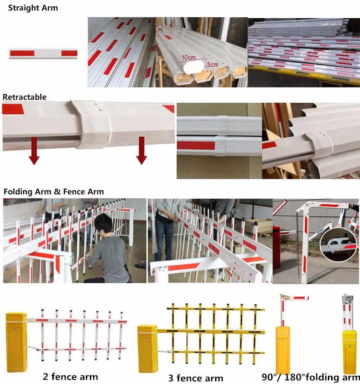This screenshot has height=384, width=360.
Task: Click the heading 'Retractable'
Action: [24, 97]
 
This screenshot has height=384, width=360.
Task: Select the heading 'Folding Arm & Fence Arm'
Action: [54, 192]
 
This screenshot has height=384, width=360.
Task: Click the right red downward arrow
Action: [141, 150]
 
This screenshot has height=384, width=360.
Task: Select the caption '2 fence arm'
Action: [70, 376]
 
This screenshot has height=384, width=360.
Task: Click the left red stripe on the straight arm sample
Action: [21, 53]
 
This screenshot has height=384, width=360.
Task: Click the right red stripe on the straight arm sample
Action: [69, 53]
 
